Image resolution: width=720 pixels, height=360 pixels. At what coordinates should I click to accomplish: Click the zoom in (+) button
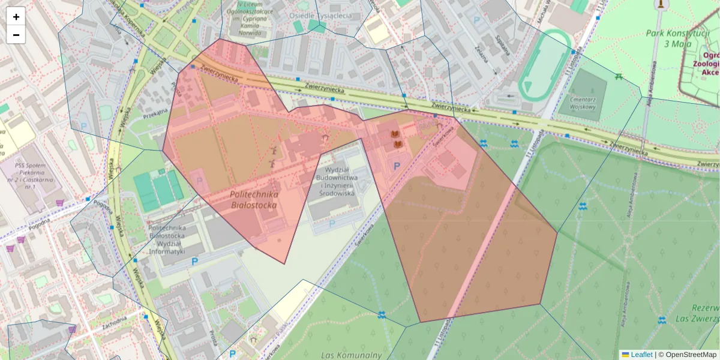(16, 17)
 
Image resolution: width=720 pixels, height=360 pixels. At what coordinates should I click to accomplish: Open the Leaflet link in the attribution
(641, 355)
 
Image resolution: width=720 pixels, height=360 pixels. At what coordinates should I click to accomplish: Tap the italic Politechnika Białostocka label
(254, 200)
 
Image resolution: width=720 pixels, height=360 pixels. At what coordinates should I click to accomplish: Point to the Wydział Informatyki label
(167, 240)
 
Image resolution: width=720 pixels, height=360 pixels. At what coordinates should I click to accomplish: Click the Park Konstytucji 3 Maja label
(678, 38)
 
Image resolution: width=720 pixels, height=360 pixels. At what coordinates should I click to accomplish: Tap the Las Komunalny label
(351, 355)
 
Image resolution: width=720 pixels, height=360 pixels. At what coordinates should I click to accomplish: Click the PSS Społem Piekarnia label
(23, 174)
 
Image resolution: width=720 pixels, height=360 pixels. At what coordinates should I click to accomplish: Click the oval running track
(544, 65)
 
